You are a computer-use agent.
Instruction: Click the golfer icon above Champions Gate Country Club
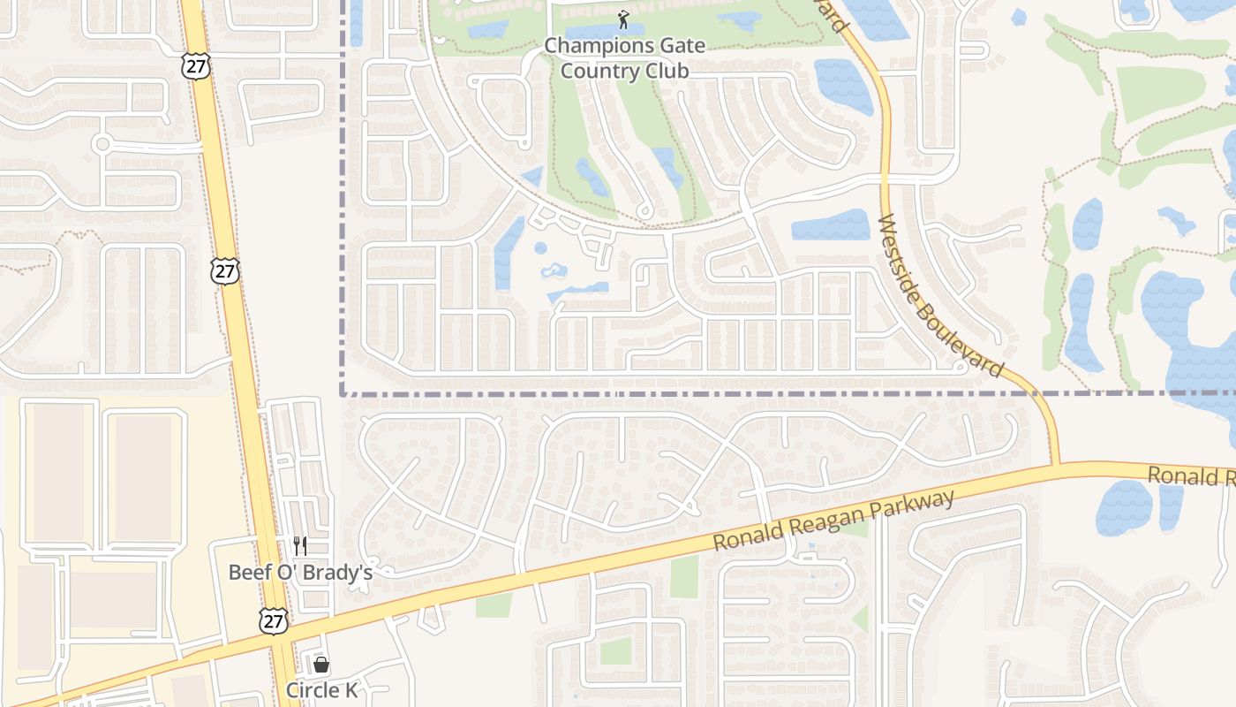click(624, 19)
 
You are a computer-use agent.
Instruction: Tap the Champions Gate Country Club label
click(624, 58)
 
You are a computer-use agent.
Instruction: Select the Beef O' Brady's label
click(300, 572)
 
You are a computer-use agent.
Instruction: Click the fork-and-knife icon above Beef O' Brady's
click(300, 546)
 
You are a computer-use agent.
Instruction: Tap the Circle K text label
click(321, 690)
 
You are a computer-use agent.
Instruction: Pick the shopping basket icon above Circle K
click(321, 665)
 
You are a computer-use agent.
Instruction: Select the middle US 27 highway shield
click(225, 270)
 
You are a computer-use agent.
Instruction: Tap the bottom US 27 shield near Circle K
click(273, 620)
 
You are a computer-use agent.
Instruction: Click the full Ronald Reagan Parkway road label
click(833, 522)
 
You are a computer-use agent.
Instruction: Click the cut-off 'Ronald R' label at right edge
click(1191, 477)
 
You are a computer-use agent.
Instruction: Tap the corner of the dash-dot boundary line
click(343, 394)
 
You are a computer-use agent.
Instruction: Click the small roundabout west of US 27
click(102, 144)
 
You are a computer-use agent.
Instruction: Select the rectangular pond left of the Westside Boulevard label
click(830, 225)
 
